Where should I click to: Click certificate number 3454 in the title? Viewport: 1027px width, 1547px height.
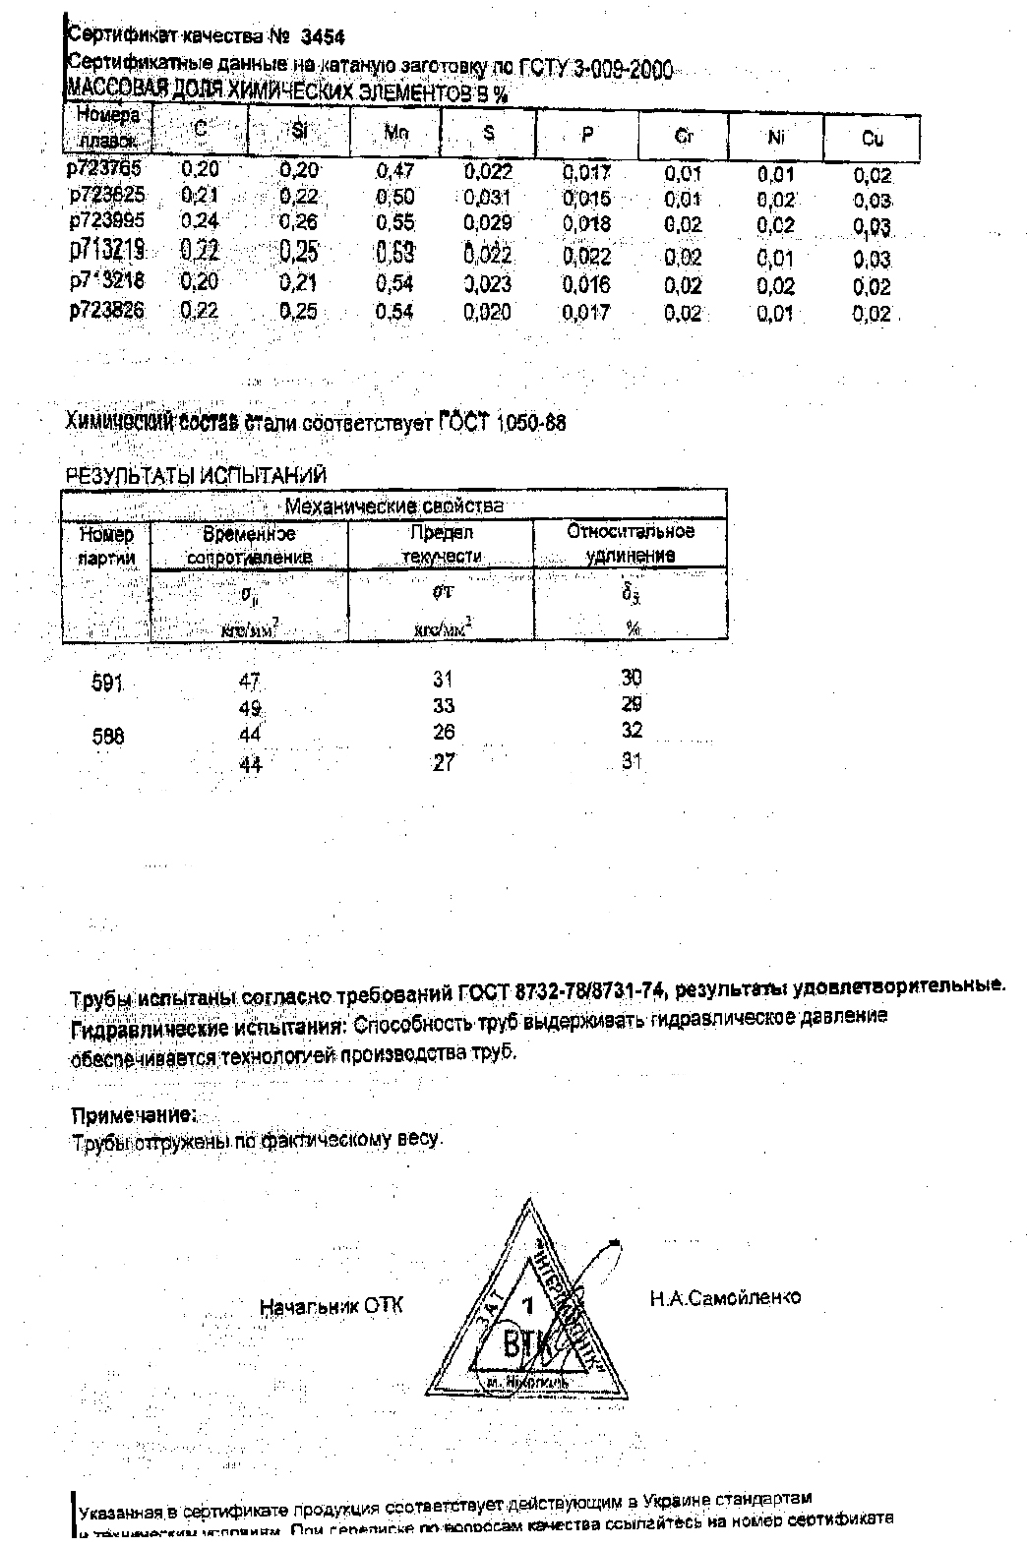click(x=323, y=37)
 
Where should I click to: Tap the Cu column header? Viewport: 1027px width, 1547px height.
click(x=872, y=139)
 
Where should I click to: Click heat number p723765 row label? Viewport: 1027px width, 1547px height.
click(x=105, y=168)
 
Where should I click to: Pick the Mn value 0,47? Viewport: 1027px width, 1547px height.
click(x=395, y=171)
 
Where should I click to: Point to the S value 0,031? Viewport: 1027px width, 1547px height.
click(x=488, y=197)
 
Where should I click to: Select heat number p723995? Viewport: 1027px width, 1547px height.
click(x=106, y=221)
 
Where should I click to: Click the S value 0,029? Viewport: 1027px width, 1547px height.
click(x=488, y=223)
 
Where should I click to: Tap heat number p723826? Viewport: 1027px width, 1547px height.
click(x=106, y=311)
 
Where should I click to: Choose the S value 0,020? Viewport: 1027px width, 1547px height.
click(x=488, y=313)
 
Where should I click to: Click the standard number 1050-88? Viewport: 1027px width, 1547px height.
click(x=531, y=424)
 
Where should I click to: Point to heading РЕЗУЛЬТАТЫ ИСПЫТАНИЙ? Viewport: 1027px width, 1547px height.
click(x=195, y=476)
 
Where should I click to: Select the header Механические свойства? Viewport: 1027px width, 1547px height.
click(x=393, y=506)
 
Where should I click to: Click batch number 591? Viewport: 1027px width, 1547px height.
click(x=106, y=683)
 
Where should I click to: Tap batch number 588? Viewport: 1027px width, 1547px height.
click(x=107, y=736)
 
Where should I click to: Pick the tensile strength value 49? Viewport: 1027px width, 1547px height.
click(x=250, y=708)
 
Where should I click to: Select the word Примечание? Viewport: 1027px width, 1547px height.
click(x=134, y=1115)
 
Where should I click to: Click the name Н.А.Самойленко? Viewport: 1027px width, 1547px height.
click(x=725, y=1298)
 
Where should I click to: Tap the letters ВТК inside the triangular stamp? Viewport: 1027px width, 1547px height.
click(x=525, y=1342)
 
